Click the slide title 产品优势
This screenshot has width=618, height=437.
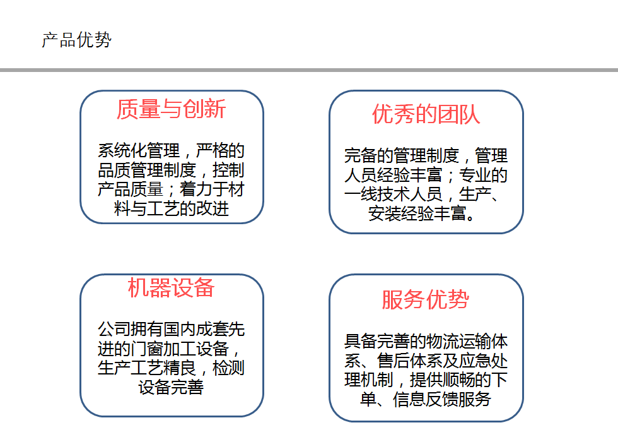coord(77,40)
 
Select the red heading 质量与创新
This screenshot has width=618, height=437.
coord(171,109)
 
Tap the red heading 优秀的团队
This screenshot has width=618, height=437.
coord(426,114)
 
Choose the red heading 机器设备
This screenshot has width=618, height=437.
coord(171,287)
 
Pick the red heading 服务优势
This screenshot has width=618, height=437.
coord(425,299)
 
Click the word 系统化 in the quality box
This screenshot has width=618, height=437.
coord(122,151)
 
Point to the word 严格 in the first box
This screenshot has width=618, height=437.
coord(212,151)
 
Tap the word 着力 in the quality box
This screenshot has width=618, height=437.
coord(196,189)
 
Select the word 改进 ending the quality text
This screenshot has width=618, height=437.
coord(213,209)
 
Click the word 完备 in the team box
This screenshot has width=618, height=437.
coord(360,155)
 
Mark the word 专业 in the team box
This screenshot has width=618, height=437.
coord(475,175)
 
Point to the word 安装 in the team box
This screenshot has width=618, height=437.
coord(385,213)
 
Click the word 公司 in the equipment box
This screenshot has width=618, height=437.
coord(114,329)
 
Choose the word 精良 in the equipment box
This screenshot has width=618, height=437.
coord(179,368)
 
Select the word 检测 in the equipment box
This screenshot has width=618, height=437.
coord(228,368)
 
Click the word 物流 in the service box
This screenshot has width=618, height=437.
coord(442,342)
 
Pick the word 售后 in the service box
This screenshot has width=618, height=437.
coord(393,361)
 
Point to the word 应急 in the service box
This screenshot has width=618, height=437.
coord(475,361)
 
